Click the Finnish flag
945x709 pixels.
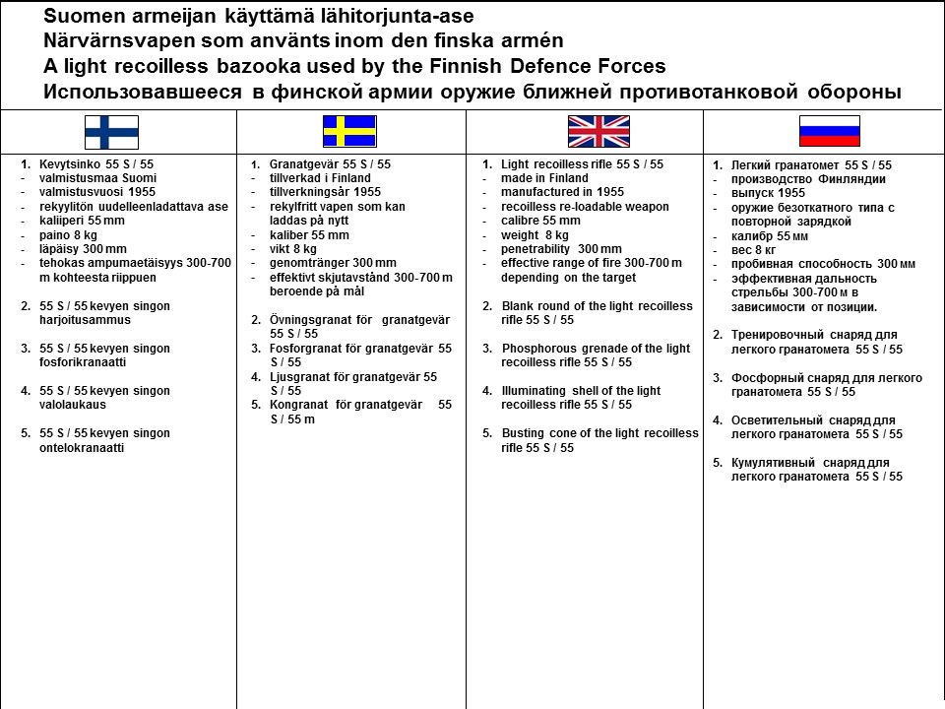[111, 132]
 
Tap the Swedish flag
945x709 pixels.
[349, 131]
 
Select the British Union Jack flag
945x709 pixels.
[598, 131]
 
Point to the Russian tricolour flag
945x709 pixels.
[829, 131]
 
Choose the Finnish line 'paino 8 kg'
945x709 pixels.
[69, 234]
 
